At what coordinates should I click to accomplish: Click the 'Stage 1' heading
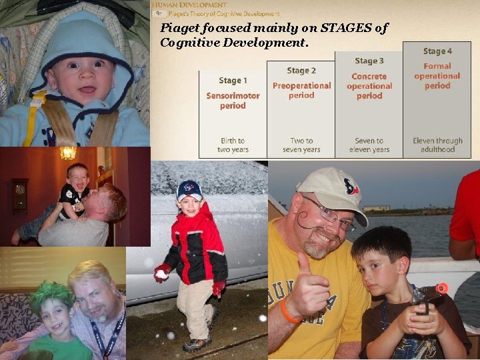coord(233,81)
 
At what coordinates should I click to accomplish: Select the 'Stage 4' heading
coord(437,51)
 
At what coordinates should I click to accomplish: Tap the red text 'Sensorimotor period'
coord(233,101)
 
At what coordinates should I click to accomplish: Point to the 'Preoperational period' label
coord(301,90)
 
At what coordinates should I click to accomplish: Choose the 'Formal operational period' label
coord(437,76)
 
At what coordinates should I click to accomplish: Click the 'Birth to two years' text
coord(233,145)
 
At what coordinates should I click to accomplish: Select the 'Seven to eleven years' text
coord(369,145)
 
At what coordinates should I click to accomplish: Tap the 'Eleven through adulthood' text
coord(437,145)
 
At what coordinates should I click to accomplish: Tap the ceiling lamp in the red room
coord(68,153)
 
